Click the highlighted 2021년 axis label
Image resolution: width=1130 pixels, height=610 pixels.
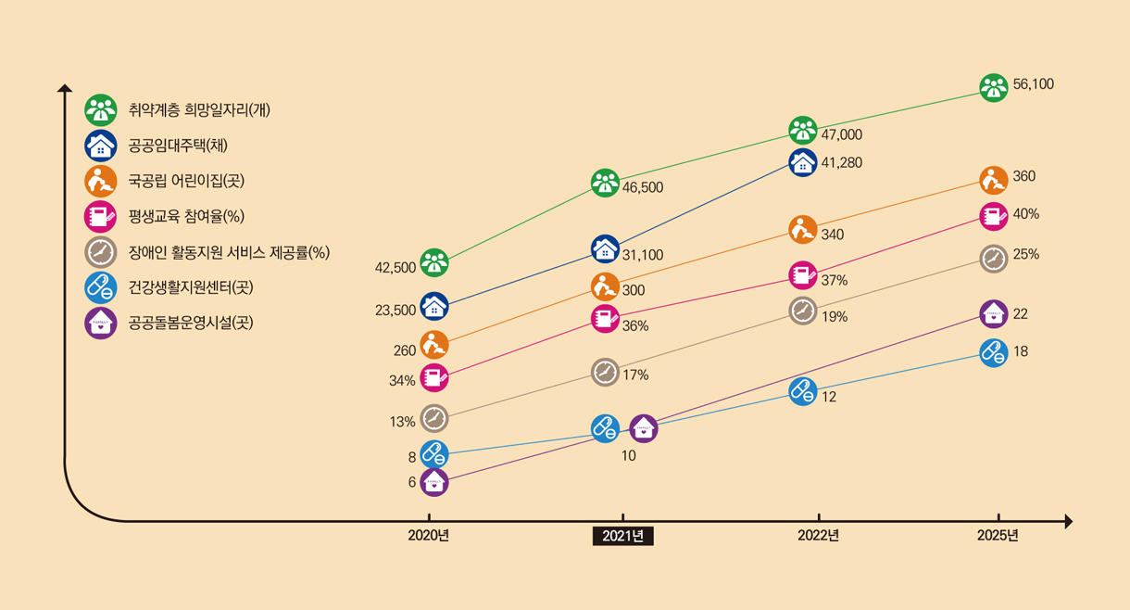pyautogui.click(x=623, y=536)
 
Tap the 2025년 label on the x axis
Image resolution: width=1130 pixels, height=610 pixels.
pyautogui.click(x=998, y=535)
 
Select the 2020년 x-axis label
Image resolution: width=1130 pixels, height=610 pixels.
pyautogui.click(x=429, y=535)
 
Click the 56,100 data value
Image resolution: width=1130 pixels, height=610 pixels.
pyautogui.click(x=1034, y=83)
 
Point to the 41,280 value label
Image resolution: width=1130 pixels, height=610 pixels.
pyautogui.click(x=842, y=162)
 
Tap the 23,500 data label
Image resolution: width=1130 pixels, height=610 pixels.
pyautogui.click(x=395, y=310)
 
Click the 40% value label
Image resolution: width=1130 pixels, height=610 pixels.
pyautogui.click(x=1026, y=214)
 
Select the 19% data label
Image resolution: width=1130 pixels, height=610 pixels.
pyautogui.click(x=835, y=317)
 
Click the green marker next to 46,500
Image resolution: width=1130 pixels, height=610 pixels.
pyautogui.click(x=605, y=183)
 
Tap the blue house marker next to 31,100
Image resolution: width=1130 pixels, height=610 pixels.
pyautogui.click(x=605, y=248)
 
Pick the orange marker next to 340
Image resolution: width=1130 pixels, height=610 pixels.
pyautogui.click(x=803, y=229)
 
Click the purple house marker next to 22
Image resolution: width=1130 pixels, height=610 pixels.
pyautogui.click(x=993, y=313)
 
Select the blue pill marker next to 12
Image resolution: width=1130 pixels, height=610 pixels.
pyautogui.click(x=803, y=391)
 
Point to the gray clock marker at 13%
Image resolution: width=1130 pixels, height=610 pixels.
pyautogui.click(x=434, y=418)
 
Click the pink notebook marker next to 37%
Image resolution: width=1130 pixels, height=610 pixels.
pyautogui.click(x=803, y=275)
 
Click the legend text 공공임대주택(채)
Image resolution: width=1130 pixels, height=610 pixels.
pyautogui.click(x=178, y=146)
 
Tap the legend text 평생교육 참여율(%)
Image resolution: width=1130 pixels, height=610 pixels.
pyautogui.click(x=186, y=217)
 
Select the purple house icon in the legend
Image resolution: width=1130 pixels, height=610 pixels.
pyautogui.click(x=100, y=324)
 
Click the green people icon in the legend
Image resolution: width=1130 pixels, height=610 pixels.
pyautogui.click(x=100, y=109)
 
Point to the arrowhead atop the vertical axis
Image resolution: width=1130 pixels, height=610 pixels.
pyautogui.click(x=65, y=88)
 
